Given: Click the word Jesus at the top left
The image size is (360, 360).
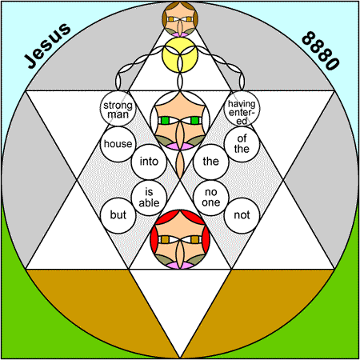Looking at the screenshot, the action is pos(47,46).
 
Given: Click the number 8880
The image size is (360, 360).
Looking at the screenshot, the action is pos(321,51).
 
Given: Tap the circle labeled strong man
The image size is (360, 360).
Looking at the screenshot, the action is pos(118,109).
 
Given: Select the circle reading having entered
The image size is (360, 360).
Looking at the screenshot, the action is pos(242,109).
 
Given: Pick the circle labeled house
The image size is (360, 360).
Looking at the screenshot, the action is pos(118,144).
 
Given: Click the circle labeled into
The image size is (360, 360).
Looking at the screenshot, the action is pos(149,162).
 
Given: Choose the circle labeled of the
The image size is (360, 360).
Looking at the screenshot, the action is pos(242,144).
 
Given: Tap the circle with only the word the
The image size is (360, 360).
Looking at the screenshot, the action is pos(211,162).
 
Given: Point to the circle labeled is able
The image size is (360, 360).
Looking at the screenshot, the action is pos(149,198).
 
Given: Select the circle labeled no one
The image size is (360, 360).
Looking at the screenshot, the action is pos(211,198).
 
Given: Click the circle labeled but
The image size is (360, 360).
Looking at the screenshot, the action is pos(118,215).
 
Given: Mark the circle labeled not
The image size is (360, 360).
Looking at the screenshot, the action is pos(242,215).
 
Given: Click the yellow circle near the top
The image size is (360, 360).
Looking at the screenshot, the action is pos(180,55).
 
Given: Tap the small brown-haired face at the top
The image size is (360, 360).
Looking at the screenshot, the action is pos(180,19).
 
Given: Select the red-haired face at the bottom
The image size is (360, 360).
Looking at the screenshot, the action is pos(180,239).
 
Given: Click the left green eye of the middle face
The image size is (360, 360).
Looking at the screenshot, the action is pos(165,121).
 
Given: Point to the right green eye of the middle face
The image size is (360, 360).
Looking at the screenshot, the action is pos(195,121).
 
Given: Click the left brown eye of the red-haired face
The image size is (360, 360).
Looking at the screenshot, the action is pos(165,239).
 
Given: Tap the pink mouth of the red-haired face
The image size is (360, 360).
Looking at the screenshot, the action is pos(180,266).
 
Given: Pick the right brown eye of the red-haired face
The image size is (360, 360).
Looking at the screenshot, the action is pos(195,239).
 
